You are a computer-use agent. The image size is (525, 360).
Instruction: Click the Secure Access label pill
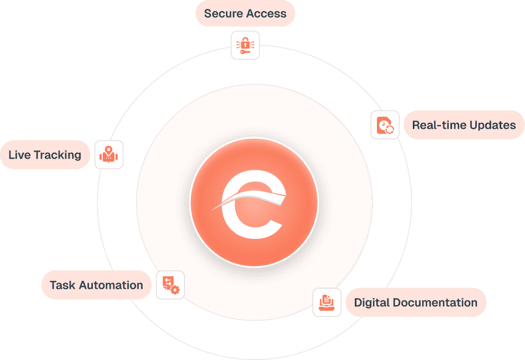pos(245,14)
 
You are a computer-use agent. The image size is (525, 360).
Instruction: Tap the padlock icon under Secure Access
pos(245,45)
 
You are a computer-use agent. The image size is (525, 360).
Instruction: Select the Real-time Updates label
pos(464,125)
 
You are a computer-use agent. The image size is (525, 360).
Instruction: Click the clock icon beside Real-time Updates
pos(385,125)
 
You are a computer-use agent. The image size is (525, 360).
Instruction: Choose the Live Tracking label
pos(45,155)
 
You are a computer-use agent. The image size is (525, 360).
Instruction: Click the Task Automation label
pos(96,285)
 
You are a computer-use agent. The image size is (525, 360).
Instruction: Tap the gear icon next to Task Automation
pos(170,285)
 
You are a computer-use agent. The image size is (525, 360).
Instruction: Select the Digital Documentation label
pos(416,302)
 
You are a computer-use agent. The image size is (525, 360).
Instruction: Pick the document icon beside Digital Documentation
pos(327,302)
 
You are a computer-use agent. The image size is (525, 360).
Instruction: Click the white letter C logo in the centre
pos(254,204)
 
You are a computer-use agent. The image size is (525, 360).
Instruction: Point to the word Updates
pos(491,125)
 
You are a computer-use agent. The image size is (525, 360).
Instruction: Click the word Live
pos(19,155)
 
